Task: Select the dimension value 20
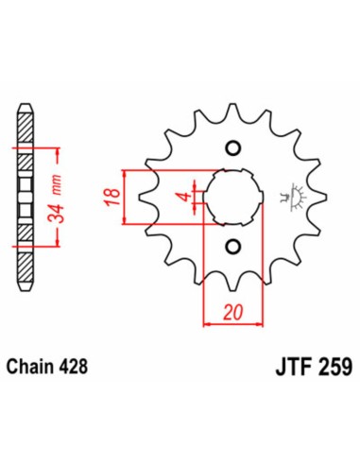tap(231, 310)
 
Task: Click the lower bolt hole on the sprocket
tap(231, 248)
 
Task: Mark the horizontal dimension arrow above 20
tap(231, 323)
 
